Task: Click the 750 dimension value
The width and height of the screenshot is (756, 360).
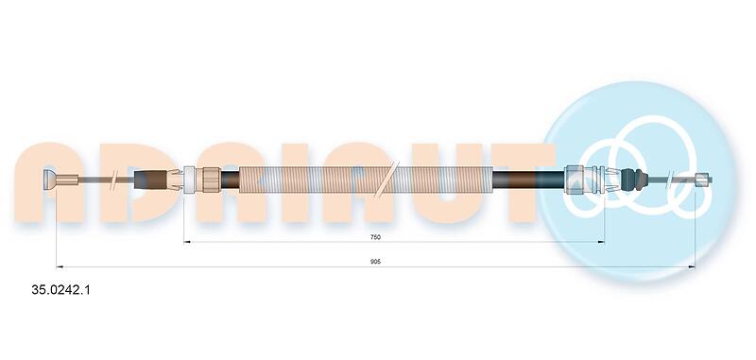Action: click(x=375, y=236)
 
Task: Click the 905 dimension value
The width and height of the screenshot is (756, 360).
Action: click(x=375, y=262)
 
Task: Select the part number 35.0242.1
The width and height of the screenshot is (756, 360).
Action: click(x=60, y=290)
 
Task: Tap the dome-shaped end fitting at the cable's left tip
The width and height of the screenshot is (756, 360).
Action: click(x=50, y=180)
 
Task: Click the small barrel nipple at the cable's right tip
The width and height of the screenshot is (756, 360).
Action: click(x=703, y=180)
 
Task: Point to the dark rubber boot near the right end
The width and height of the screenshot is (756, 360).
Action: click(x=635, y=180)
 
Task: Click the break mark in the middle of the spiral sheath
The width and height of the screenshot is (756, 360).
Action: click(x=387, y=180)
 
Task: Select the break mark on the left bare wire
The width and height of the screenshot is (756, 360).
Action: click(x=113, y=180)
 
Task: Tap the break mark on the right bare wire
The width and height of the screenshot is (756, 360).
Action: click(x=670, y=180)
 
